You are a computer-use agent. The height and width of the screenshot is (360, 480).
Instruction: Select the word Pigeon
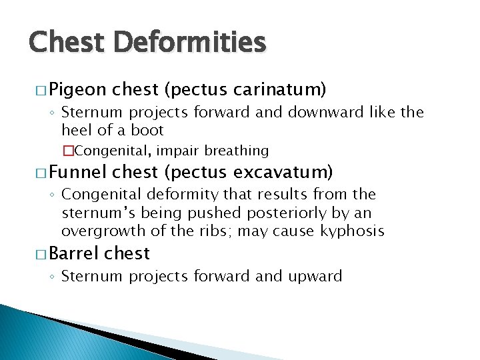click(x=77, y=89)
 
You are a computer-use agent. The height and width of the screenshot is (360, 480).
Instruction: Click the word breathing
click(x=237, y=151)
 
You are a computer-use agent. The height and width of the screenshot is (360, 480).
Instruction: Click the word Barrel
click(x=73, y=253)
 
